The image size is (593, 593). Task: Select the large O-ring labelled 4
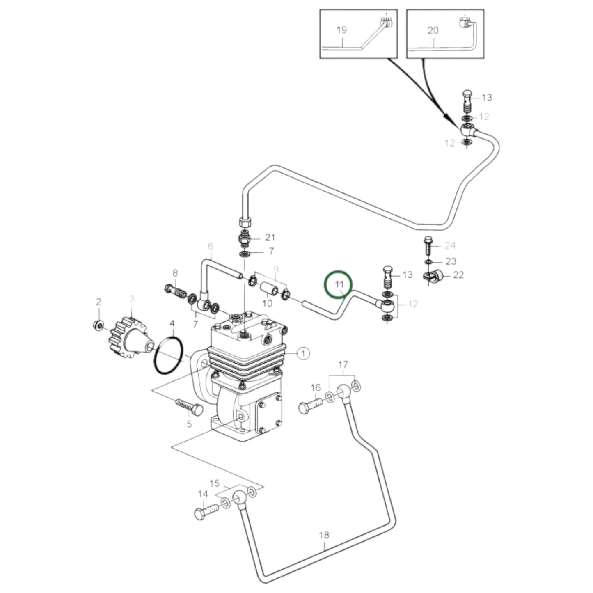point(168,355)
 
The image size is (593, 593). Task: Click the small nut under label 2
point(98,325)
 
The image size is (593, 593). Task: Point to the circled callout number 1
point(303,353)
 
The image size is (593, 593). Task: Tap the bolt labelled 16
point(311,407)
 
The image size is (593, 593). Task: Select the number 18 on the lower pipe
point(324,535)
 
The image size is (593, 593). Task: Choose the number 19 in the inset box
point(341,30)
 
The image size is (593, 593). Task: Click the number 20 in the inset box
point(433,30)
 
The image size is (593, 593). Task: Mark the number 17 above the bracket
point(343,364)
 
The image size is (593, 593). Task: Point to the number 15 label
point(215,483)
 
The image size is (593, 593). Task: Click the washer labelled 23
point(428,261)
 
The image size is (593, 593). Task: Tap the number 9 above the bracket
point(276,269)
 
